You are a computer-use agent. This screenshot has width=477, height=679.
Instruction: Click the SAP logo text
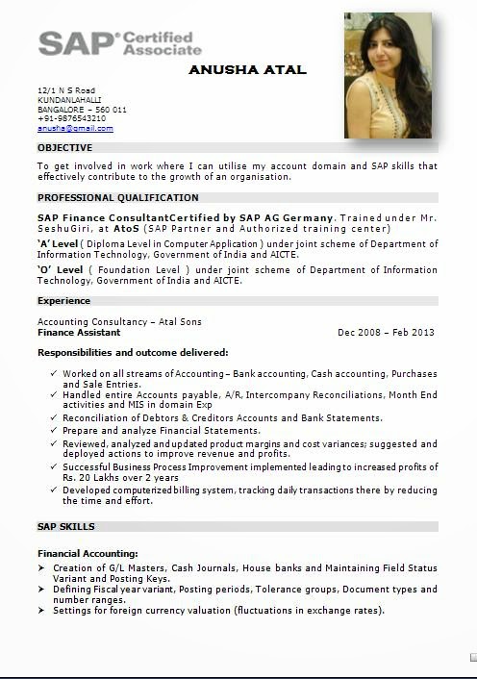click(x=74, y=43)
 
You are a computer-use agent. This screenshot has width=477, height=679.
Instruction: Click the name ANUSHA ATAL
click(x=247, y=69)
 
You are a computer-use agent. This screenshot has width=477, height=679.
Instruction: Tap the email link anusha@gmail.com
click(x=75, y=128)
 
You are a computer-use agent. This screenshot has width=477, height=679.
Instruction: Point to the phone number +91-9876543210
click(x=72, y=118)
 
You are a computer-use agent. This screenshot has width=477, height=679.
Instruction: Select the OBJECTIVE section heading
click(x=64, y=148)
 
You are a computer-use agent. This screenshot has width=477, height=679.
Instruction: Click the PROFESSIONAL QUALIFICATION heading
click(x=118, y=197)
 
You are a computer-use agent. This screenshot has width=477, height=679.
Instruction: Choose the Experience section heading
click(x=63, y=301)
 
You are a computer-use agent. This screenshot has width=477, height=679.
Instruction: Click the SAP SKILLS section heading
click(x=65, y=527)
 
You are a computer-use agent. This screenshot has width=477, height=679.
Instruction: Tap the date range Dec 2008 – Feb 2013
click(x=386, y=333)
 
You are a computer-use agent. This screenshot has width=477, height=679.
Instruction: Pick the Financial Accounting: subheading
click(x=88, y=554)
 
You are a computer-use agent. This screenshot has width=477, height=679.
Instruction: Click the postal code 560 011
click(x=112, y=110)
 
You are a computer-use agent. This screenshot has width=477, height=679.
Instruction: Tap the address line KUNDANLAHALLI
click(x=69, y=100)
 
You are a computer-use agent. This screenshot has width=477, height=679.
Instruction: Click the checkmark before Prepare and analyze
click(x=52, y=431)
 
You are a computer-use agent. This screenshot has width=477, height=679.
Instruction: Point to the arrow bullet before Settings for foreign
click(x=41, y=611)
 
